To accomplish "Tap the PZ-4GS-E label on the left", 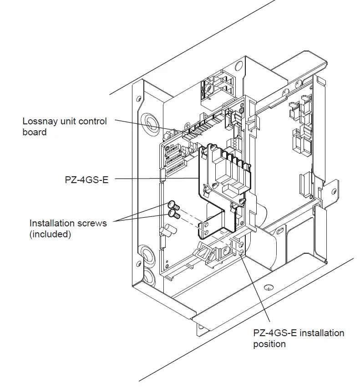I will click(x=86, y=179).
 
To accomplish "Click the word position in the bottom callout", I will click(x=269, y=344).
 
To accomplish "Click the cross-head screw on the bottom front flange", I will click(x=269, y=287).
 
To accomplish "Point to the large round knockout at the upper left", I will click(x=149, y=120).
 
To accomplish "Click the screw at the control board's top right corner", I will click(x=241, y=110).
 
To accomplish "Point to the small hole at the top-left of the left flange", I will click(x=137, y=99).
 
